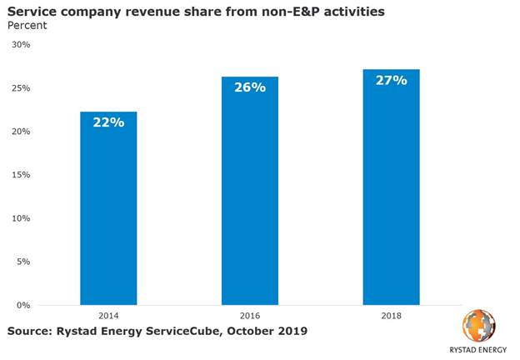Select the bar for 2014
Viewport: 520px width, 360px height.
[108, 208]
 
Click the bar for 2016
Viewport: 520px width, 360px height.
[249, 191]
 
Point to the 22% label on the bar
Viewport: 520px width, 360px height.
[108, 122]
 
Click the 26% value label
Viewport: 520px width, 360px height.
[249, 87]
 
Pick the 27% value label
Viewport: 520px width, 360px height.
[391, 80]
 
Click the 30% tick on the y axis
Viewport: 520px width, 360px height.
[19, 45]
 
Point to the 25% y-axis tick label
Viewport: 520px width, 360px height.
[19, 88]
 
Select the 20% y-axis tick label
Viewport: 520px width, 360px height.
[19, 132]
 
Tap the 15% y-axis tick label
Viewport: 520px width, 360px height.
[19, 175]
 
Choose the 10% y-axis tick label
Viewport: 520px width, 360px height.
[19, 218]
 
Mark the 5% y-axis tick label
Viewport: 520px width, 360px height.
[22, 262]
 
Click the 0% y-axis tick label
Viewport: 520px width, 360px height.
[22, 305]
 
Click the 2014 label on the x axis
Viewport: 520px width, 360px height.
[108, 317]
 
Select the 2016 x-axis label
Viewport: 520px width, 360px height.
[249, 317]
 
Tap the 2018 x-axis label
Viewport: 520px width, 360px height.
[391, 317]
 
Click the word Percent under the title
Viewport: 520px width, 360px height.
[27, 26]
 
